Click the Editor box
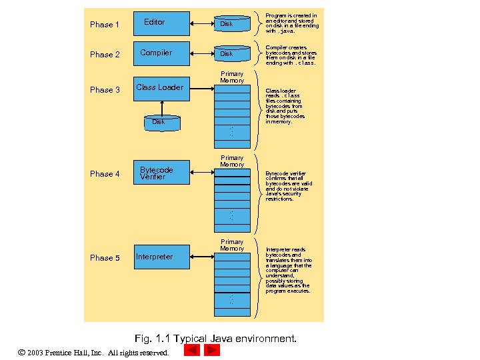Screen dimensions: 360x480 [161, 23]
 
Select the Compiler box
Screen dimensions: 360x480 [161, 53]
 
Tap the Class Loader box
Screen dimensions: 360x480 [161, 87]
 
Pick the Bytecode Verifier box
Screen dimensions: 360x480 [161, 173]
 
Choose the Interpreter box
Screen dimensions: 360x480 [161, 257]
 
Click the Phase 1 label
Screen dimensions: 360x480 [105, 25]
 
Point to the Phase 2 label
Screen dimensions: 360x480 [105, 55]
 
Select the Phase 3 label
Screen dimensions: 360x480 [105, 90]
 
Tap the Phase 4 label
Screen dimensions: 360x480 [105, 174]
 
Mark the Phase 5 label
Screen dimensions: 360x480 [105, 258]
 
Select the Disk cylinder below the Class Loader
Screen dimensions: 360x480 [161, 122]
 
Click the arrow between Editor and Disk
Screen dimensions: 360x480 [201, 24]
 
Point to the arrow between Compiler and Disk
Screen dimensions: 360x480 [201, 53]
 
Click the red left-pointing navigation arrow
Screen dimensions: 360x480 [192, 350]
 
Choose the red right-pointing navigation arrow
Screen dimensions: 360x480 [212, 350]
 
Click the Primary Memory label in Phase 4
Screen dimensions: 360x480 [232, 161]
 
